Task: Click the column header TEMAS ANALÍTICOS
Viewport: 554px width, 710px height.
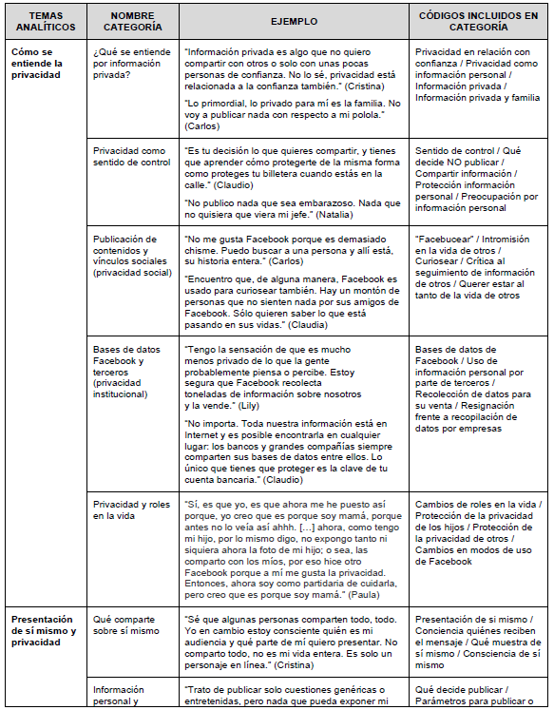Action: pyautogui.click(x=45, y=22)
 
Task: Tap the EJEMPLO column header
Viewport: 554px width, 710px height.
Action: pyautogui.click(x=292, y=22)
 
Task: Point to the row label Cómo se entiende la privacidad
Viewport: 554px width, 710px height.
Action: pyautogui.click(x=38, y=64)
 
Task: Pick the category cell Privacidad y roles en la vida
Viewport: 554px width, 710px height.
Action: pyautogui.click(x=132, y=510)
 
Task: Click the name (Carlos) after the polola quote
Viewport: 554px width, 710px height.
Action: pyautogui.click(x=202, y=125)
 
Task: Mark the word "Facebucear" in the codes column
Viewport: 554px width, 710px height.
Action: pyautogui.click(x=446, y=239)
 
